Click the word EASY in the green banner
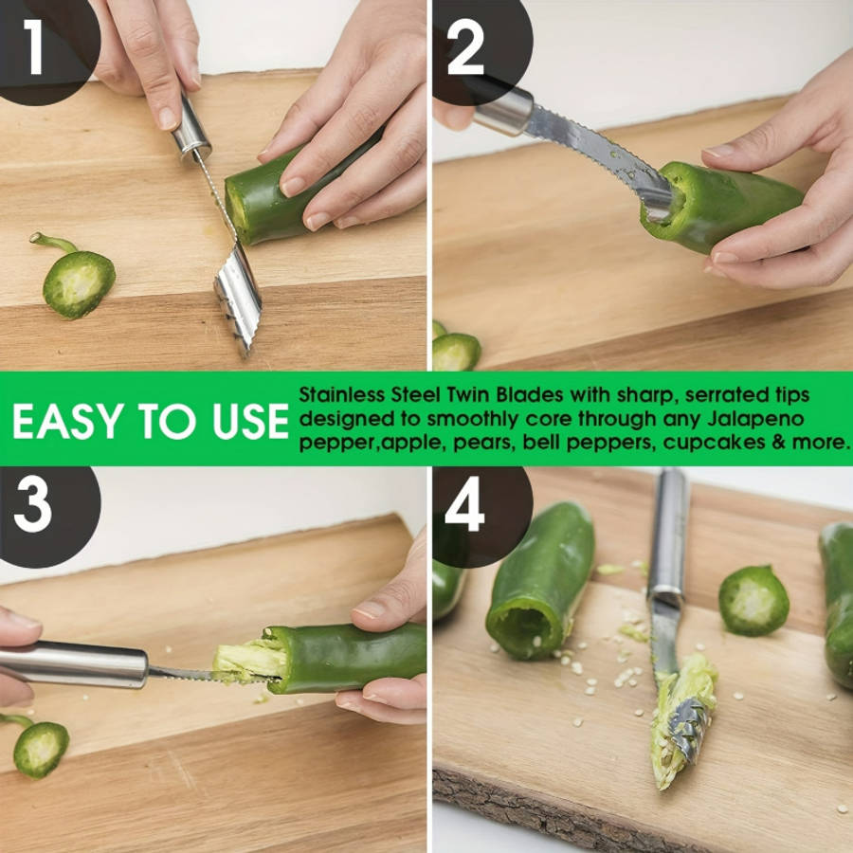[x=65, y=422]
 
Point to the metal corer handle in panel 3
[x=76, y=663]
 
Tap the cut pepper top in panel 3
[x=40, y=747]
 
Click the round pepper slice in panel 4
[x=753, y=600]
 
